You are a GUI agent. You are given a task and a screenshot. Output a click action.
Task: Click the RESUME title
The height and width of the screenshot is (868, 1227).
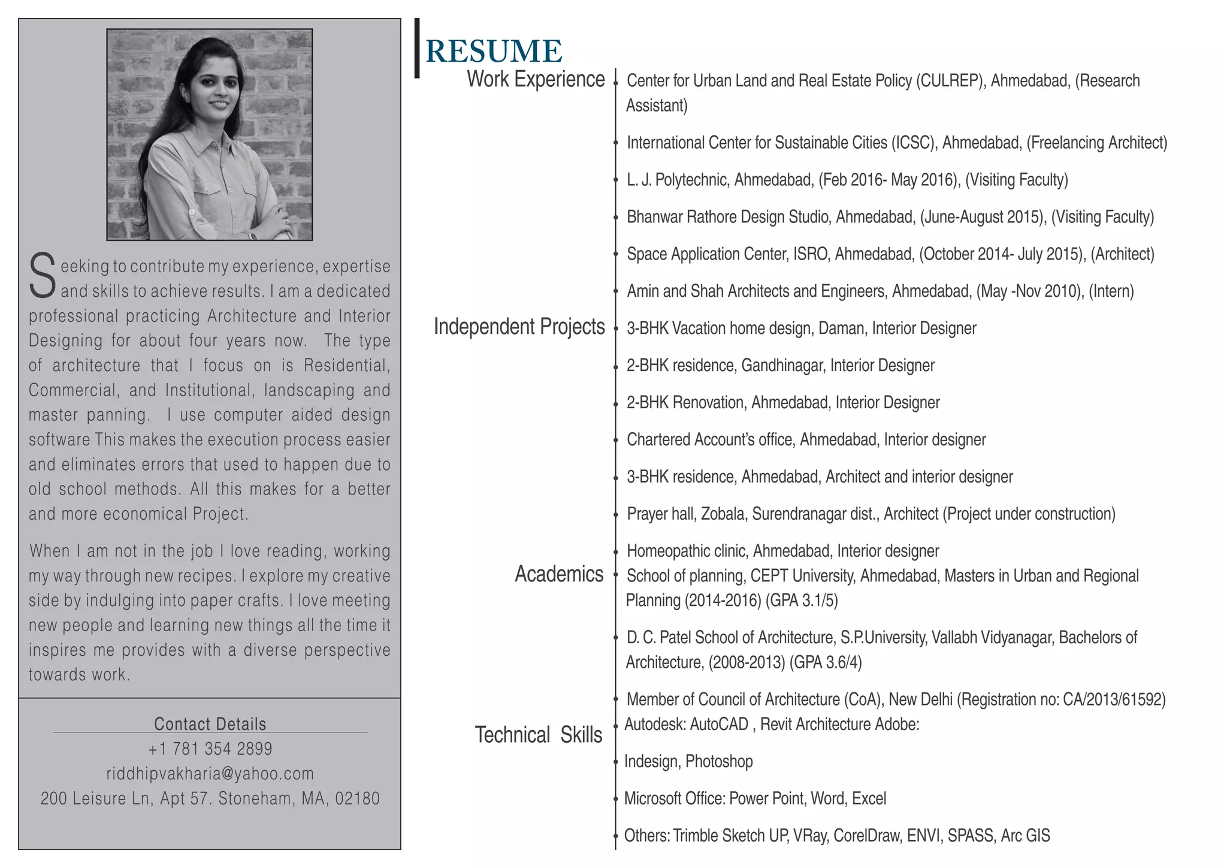pyautogui.click(x=494, y=52)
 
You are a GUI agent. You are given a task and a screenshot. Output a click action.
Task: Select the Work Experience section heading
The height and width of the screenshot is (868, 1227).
pyautogui.click(x=536, y=79)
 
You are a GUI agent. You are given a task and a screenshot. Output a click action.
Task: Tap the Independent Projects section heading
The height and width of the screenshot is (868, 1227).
pyautogui.click(x=519, y=327)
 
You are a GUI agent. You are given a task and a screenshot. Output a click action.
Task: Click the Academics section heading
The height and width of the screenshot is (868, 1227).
pyautogui.click(x=559, y=574)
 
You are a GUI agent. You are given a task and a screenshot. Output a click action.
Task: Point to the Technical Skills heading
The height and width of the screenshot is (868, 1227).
pyautogui.click(x=538, y=735)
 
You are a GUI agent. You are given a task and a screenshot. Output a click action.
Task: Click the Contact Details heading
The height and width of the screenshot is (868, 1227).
pyautogui.click(x=210, y=724)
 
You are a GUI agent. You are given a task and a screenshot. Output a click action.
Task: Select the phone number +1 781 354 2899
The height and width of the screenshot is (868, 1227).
pyautogui.click(x=210, y=749)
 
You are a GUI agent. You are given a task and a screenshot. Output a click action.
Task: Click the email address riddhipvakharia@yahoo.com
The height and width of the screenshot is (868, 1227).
pyautogui.click(x=210, y=774)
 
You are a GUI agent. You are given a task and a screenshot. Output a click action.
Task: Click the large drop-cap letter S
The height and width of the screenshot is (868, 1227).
pyautogui.click(x=43, y=276)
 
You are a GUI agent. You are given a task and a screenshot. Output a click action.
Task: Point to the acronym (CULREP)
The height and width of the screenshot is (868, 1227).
pyautogui.click(x=951, y=81)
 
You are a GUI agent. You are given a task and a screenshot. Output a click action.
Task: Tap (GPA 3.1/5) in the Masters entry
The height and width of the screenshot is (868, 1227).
pyautogui.click(x=802, y=601)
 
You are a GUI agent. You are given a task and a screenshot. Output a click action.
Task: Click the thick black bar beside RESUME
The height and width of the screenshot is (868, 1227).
pyautogui.click(x=417, y=48)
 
